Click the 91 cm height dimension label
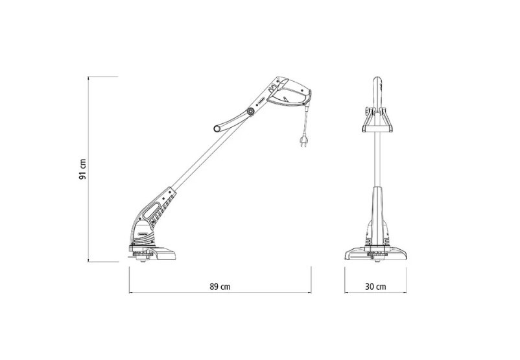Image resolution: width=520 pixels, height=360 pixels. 82,169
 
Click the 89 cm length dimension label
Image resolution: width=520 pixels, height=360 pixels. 220,286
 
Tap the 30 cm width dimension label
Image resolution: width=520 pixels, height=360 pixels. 376,286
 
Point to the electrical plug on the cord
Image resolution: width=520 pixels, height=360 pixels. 303,141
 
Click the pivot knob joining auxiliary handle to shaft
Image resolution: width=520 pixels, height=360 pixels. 250,112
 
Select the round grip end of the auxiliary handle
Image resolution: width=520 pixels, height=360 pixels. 217,128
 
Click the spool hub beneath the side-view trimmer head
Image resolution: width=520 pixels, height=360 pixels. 143,257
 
